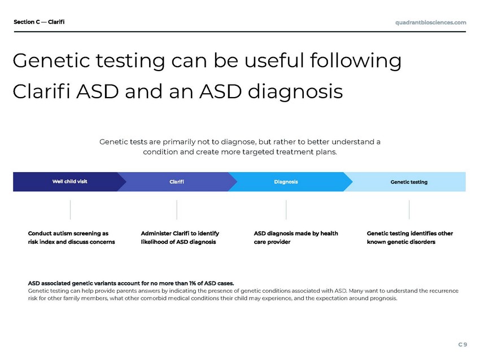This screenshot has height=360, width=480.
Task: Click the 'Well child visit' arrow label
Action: click(70, 181)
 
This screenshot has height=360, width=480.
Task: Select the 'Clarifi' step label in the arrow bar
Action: click(177, 182)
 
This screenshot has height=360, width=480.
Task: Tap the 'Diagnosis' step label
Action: click(286, 182)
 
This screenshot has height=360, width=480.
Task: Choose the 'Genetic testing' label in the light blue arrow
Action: click(409, 182)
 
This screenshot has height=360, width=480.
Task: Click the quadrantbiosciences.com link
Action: click(431, 23)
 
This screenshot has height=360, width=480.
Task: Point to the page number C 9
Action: click(462, 344)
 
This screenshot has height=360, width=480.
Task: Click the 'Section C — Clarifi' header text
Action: click(39, 21)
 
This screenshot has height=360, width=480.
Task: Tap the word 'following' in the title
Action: click(355, 61)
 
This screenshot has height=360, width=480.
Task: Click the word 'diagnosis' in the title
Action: click(295, 92)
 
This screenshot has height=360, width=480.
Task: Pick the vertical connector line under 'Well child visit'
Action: click(71, 210)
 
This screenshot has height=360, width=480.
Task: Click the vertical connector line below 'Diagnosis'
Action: click(286, 210)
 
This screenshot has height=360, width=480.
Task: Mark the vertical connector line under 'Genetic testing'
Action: click(409, 210)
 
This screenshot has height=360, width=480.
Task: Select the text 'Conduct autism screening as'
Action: click(68, 234)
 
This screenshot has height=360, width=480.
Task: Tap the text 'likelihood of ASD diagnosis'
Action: click(178, 242)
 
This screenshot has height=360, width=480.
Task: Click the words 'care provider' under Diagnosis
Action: click(272, 242)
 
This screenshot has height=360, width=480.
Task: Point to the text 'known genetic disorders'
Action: click(401, 242)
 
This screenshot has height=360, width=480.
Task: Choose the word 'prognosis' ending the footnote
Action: click(383, 298)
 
